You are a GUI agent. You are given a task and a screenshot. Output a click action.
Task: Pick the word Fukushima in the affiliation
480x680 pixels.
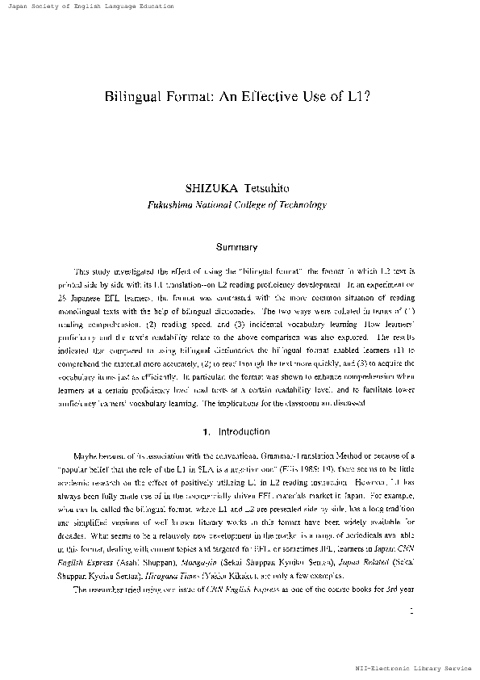(173, 205)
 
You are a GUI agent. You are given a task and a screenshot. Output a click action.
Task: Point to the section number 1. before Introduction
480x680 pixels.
(207, 432)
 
